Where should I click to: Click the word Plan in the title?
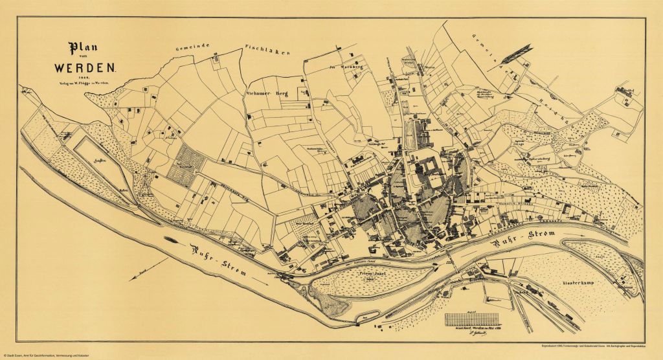(83, 50)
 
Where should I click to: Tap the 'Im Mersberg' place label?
(343, 66)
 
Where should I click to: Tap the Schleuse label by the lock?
(624, 284)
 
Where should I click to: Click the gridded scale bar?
(473, 319)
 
